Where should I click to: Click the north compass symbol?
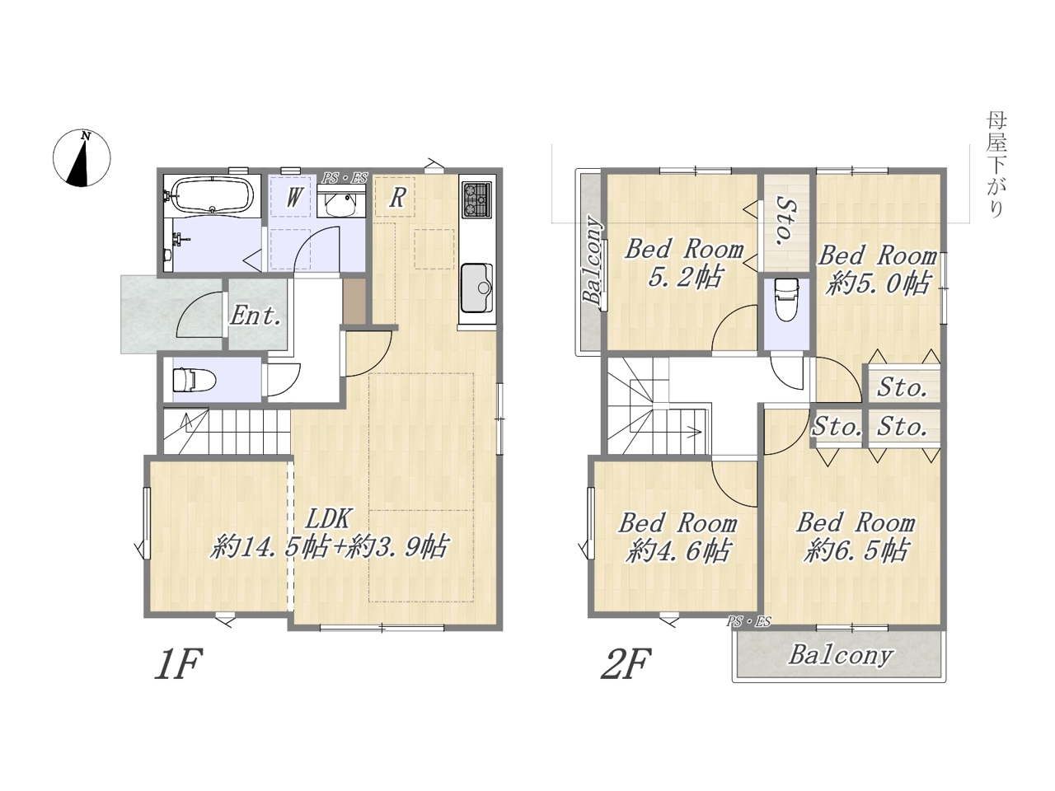click(x=82, y=158)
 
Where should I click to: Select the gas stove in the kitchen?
click(x=476, y=199)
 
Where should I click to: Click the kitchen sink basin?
click(x=476, y=288)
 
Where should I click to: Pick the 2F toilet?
click(x=786, y=300)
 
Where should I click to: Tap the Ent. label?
click(x=256, y=316)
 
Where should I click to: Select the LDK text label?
click(x=329, y=519)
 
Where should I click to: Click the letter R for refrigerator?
click(x=397, y=198)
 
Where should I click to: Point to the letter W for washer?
click(x=294, y=197)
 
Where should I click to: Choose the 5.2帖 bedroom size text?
click(x=684, y=277)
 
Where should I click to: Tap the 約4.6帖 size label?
click(x=678, y=551)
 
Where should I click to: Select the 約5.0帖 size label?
click(x=878, y=283)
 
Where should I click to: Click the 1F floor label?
click(x=179, y=664)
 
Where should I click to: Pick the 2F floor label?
click(x=626, y=664)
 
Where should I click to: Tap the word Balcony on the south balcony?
click(x=841, y=656)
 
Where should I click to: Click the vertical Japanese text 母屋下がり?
click(x=996, y=166)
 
